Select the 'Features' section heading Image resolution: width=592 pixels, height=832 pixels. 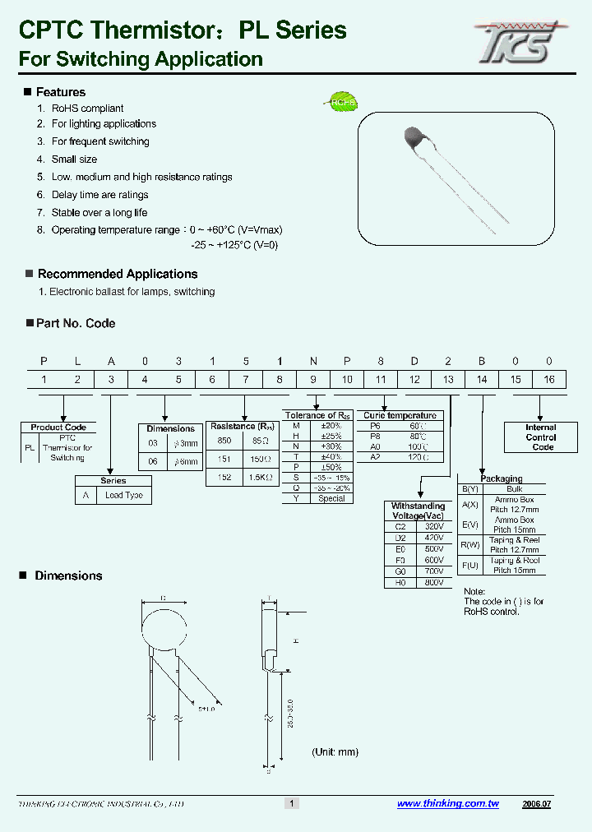(x=60, y=92)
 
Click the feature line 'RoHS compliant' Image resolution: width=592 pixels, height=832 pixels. (x=87, y=109)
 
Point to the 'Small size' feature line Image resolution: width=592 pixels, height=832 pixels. (x=74, y=159)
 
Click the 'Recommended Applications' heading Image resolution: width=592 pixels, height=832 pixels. (x=118, y=274)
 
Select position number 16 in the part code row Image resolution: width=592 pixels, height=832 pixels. (x=549, y=379)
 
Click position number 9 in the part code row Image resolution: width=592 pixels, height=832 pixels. (x=312, y=379)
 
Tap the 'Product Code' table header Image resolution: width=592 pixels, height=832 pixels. (x=58, y=428)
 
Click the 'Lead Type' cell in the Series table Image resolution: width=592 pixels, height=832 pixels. (x=123, y=496)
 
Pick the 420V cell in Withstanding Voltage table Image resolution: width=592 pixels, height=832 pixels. (x=434, y=538)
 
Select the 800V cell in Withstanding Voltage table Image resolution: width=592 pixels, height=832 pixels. (x=434, y=582)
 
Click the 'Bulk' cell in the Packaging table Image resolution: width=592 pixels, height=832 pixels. (x=514, y=489)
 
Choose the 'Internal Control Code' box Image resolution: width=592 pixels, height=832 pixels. (x=540, y=437)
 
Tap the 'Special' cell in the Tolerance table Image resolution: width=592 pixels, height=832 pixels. (x=331, y=498)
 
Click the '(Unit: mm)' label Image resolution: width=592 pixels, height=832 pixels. (x=335, y=752)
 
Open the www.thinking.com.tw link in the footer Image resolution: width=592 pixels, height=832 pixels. (x=447, y=804)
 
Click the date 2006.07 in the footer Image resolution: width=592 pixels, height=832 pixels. (x=536, y=804)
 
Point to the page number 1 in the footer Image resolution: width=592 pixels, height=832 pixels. (x=290, y=803)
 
